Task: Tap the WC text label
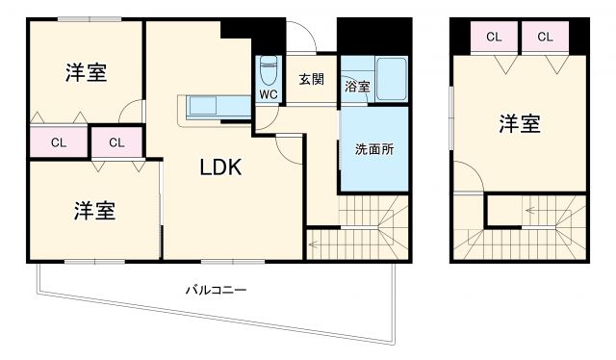coord(267,94)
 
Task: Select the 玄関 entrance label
coord(310,80)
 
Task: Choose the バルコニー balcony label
coord(216,289)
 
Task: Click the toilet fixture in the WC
coord(268,69)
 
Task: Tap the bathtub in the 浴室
coord(390,77)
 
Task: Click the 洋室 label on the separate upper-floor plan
coord(519,124)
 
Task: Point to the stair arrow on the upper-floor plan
coord(535,209)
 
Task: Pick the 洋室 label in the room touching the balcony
coord(94,211)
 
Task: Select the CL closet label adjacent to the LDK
coord(116,142)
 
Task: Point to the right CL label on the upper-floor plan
coord(545,38)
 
